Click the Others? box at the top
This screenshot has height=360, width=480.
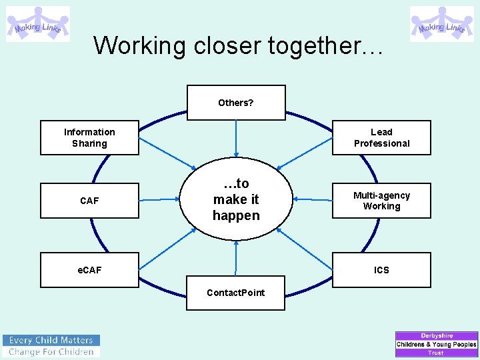pos(236,103)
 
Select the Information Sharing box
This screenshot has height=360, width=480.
pos(89,137)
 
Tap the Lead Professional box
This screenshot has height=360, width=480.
pos(381,137)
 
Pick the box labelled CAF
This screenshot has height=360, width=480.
pos(89,201)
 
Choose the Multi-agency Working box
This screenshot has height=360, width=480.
pos(381,201)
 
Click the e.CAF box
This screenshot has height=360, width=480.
pos(89,270)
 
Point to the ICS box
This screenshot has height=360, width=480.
pos(381,270)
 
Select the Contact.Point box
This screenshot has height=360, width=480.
pos(235,293)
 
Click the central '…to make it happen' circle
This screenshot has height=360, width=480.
pos(236,199)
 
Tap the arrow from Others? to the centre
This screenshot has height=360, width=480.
pos(236,139)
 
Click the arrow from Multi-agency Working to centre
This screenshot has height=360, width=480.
pos(313,199)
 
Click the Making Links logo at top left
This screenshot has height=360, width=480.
pos(38,24)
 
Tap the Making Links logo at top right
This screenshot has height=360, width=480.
pos(441,24)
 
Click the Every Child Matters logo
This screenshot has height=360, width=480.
pos(51,345)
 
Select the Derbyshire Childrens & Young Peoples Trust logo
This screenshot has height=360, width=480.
pos(437,344)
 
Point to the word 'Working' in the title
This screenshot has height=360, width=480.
pos(140,45)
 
